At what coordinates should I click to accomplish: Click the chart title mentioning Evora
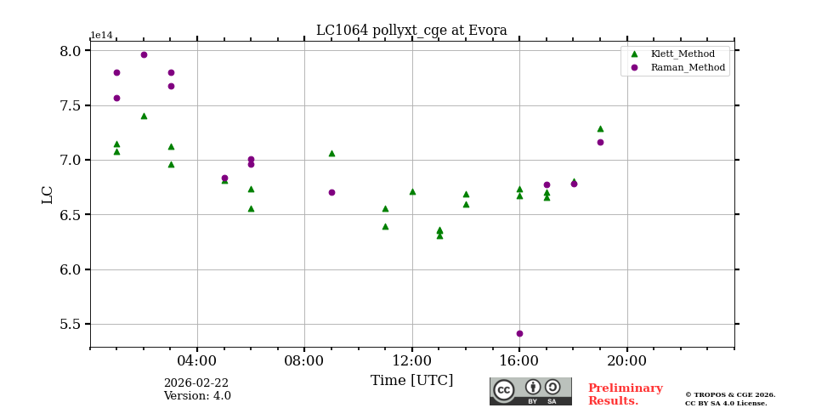click(411, 31)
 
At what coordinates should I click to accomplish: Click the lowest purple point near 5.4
click(519, 333)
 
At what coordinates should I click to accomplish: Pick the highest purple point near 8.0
click(144, 54)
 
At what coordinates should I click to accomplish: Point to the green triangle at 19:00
click(600, 128)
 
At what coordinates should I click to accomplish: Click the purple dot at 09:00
click(331, 192)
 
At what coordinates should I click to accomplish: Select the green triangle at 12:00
click(412, 191)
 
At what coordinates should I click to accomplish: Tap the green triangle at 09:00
click(331, 153)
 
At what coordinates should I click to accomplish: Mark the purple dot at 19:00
click(600, 142)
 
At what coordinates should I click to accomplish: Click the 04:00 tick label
click(197, 360)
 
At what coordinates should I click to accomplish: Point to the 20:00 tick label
click(626, 360)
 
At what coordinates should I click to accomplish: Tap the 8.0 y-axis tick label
click(70, 51)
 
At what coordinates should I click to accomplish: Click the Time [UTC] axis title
click(411, 381)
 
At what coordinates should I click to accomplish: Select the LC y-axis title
click(48, 194)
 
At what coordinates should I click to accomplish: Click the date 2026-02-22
click(196, 383)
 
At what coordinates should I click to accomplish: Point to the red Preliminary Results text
click(625, 394)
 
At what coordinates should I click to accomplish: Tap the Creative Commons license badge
click(530, 391)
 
